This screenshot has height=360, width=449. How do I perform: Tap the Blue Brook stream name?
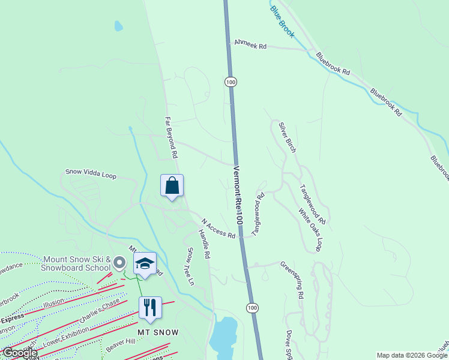(x=282, y=21)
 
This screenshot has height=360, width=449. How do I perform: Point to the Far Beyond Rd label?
(x=171, y=137)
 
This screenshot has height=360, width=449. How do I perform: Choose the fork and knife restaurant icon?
(x=150, y=308)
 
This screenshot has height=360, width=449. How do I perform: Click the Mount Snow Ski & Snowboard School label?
(x=76, y=263)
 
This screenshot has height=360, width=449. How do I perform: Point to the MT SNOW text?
(x=158, y=332)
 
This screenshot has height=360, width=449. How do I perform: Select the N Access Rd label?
(x=218, y=228)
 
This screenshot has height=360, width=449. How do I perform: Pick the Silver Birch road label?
(x=287, y=137)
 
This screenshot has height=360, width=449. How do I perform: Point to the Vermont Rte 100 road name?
(x=237, y=195)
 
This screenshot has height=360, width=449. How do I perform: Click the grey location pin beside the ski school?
(x=119, y=262)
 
